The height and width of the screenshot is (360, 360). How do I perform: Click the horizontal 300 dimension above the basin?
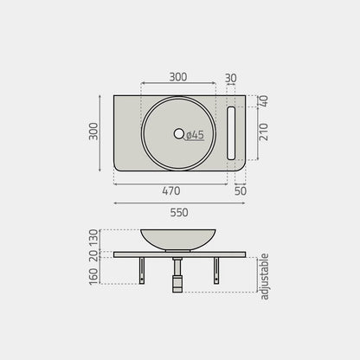coord(177,77)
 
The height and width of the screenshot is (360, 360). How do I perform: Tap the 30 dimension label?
coord(229,77)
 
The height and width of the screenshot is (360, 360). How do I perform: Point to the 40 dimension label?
coord(264,100)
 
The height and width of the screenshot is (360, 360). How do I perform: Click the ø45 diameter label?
coord(195,134)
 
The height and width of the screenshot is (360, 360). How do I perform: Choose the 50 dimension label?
coord(240,190)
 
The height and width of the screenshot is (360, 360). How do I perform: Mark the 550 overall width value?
coord(178,212)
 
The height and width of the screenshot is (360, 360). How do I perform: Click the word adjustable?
coord(265,277)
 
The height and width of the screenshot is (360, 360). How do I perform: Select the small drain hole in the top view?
coord(179,133)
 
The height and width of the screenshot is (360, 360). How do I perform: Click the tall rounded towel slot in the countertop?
coord(231,133)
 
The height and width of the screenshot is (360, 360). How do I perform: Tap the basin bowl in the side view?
coord(178,240)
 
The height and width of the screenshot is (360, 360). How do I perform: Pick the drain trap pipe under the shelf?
coord(178,275)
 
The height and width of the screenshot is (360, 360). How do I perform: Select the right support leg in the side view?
coord(216,270)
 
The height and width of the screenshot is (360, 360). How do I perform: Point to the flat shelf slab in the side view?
coord(199,254)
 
